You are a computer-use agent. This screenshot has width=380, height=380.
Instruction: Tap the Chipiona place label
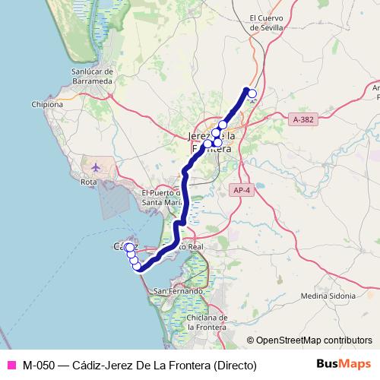pos(46,105)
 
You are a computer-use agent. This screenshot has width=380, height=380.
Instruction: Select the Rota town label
pos(90,182)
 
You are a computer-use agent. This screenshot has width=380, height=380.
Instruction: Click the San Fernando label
pos(179,291)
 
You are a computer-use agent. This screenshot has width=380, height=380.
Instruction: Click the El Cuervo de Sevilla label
pos(266,23)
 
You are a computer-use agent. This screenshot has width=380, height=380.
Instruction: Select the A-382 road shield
pos(302,119)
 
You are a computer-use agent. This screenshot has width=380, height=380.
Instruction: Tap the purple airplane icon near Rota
pos(96,166)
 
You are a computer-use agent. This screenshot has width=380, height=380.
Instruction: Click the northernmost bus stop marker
pos(252,94)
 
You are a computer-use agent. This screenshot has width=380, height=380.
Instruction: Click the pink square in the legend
pos(11,365)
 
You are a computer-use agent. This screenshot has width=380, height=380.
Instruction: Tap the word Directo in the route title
pos(232,365)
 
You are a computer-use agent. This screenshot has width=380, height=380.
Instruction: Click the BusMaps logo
pos(338,364)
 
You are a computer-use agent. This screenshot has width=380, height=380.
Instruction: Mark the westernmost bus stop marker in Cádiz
pos(129,248)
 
